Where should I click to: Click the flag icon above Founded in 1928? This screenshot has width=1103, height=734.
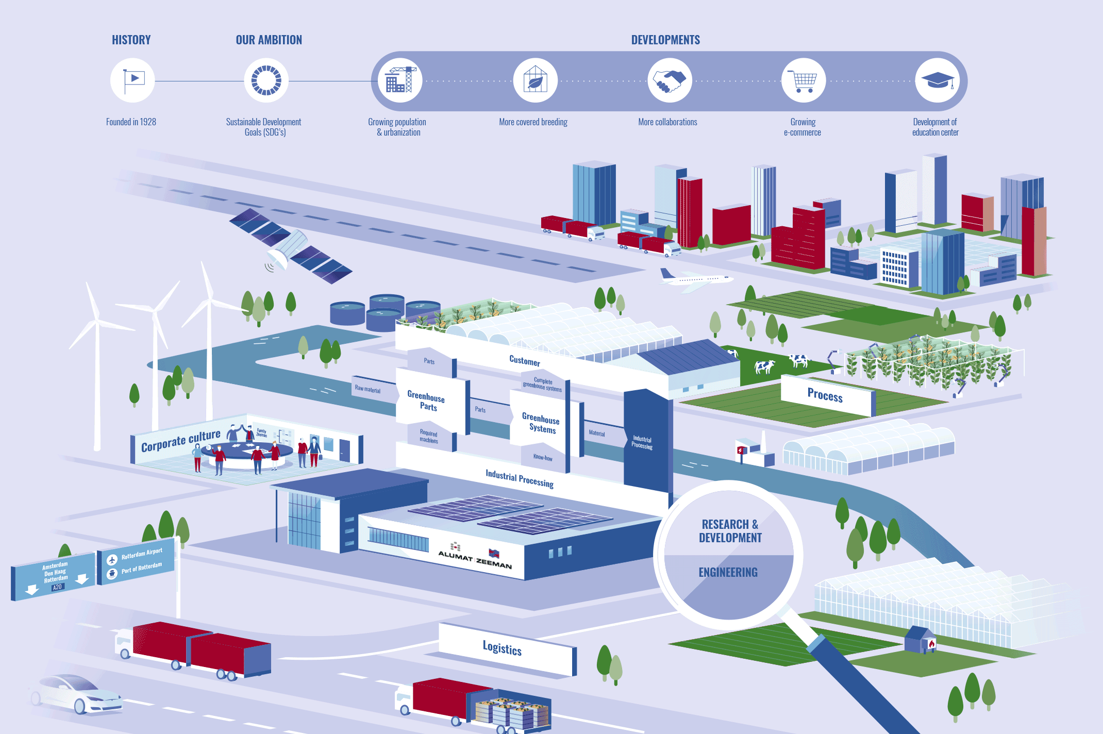(x=132, y=80)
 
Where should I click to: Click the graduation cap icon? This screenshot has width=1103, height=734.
(x=938, y=80)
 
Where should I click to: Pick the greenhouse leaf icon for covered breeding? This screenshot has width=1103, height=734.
(x=535, y=80)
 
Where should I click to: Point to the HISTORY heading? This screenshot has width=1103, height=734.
(x=131, y=40)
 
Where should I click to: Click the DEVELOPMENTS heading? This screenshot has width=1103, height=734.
(x=665, y=40)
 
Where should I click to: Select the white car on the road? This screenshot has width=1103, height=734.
(x=77, y=693)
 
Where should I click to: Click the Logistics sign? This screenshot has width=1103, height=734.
(x=503, y=648)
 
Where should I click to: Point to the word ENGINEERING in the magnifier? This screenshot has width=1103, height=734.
(x=728, y=573)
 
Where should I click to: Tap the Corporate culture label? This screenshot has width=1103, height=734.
(x=180, y=441)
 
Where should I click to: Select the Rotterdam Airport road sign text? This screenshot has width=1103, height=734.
(x=142, y=554)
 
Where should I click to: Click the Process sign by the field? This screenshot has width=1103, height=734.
(x=825, y=395)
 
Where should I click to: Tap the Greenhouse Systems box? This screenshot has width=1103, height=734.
(x=541, y=423)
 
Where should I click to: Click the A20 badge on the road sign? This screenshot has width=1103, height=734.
(x=57, y=587)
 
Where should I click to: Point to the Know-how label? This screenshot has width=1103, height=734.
(x=542, y=457)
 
